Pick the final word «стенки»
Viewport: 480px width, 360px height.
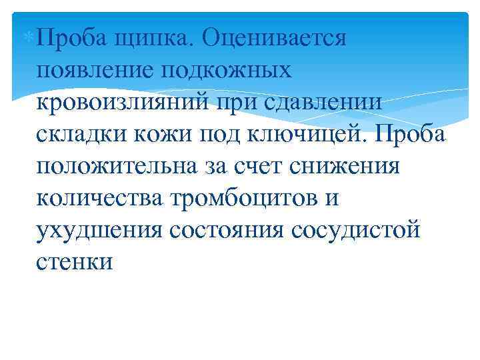75,261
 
